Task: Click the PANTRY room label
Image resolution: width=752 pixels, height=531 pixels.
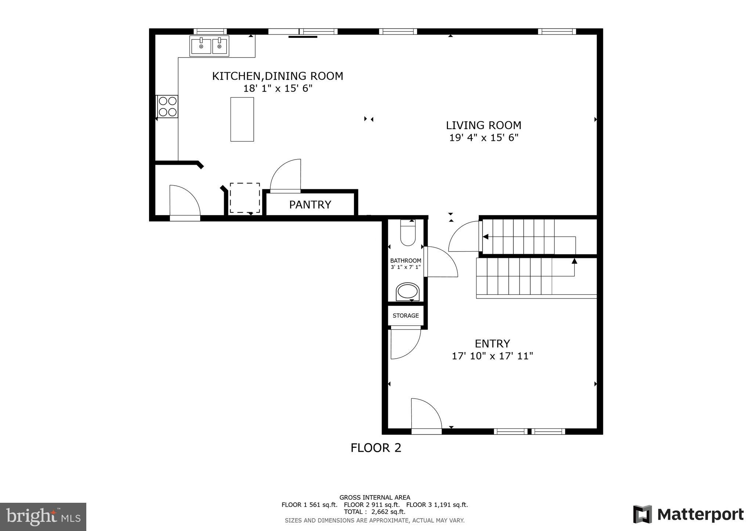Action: click(x=310, y=205)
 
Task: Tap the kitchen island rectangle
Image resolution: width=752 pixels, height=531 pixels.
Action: click(x=242, y=119)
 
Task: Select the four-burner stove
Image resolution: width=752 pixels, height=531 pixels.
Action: click(x=167, y=106)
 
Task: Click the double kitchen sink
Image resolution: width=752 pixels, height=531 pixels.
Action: click(x=209, y=46)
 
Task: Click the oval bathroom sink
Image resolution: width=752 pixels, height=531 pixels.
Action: click(x=408, y=292)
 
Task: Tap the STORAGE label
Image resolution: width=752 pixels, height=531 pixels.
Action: click(x=405, y=316)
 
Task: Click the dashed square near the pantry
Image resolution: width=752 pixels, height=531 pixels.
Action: click(x=245, y=198)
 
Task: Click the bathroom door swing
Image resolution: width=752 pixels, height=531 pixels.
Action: click(x=441, y=262)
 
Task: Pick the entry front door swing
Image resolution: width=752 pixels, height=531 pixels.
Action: click(x=426, y=413)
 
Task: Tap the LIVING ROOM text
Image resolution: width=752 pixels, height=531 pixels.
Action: click(x=483, y=125)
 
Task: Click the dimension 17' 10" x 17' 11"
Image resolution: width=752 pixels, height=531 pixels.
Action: click(x=492, y=356)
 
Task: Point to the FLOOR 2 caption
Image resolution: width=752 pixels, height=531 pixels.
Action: click(x=376, y=448)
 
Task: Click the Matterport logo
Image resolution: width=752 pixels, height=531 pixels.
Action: click(x=688, y=514)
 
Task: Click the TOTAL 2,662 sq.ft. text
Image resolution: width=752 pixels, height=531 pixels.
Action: click(x=375, y=512)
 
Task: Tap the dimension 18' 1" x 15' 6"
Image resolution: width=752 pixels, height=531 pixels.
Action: click(x=278, y=88)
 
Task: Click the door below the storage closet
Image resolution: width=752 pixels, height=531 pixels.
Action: click(x=405, y=344)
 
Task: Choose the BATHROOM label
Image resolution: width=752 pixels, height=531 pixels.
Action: click(x=405, y=261)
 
